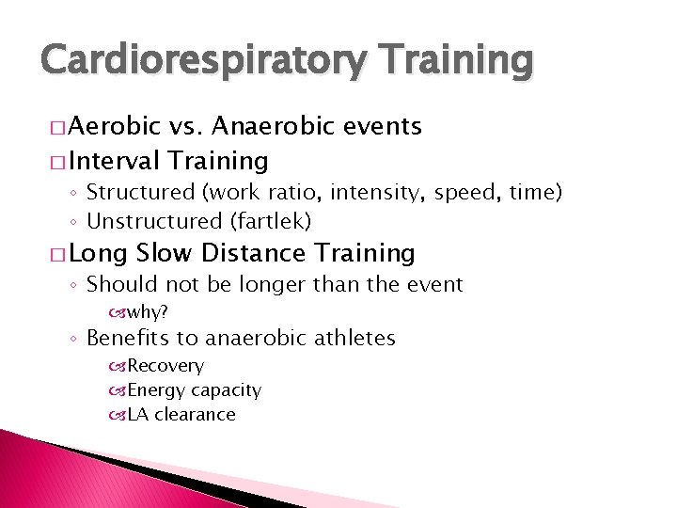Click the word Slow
point(165,253)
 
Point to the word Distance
point(254,253)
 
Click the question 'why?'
point(148,311)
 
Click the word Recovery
point(165,366)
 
